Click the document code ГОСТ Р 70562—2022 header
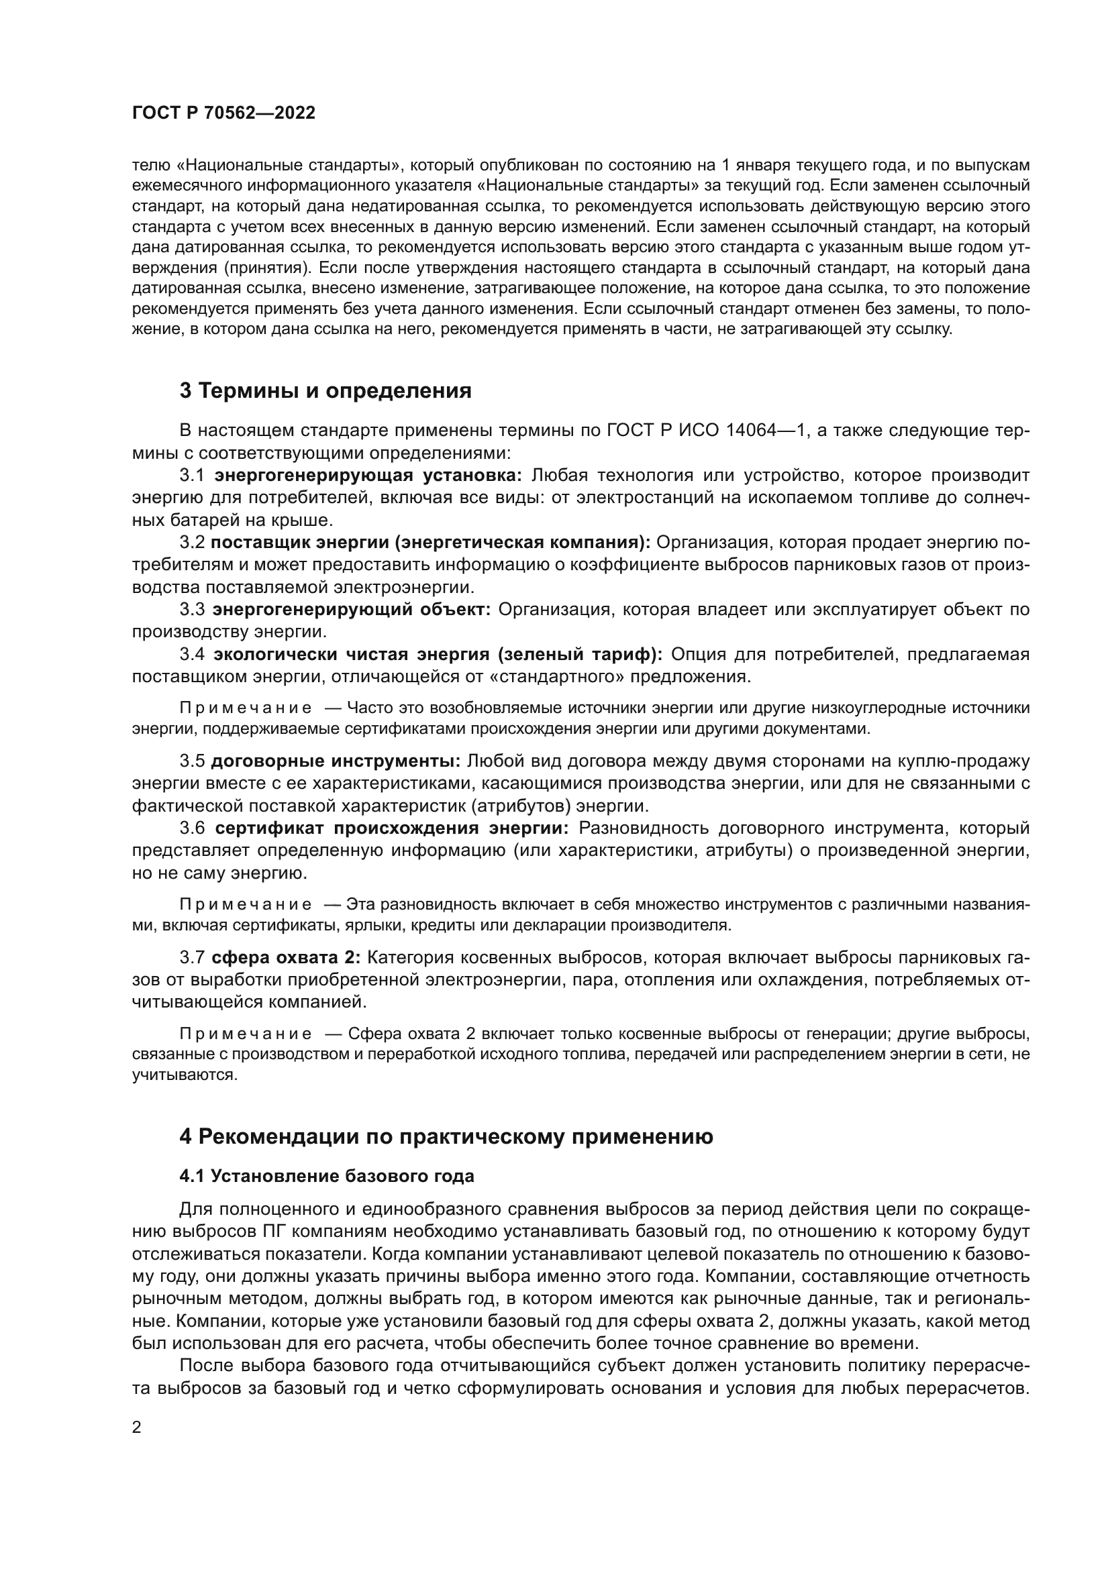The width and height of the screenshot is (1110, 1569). (223, 113)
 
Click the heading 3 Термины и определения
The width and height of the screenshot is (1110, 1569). (325, 391)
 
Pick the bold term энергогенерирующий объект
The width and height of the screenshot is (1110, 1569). (351, 610)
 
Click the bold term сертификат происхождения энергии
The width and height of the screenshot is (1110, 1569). (392, 829)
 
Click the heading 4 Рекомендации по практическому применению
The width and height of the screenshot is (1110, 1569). (446, 1137)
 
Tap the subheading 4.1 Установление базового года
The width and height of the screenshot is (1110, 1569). (327, 1176)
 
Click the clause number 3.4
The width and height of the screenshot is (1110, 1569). (192, 655)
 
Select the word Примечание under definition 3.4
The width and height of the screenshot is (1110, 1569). (246, 708)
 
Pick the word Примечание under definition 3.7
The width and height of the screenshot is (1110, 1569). (246, 1034)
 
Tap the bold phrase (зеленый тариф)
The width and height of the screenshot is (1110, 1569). (581, 655)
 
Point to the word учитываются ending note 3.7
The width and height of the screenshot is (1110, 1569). (185, 1075)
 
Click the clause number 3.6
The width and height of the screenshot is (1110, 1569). (192, 829)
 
